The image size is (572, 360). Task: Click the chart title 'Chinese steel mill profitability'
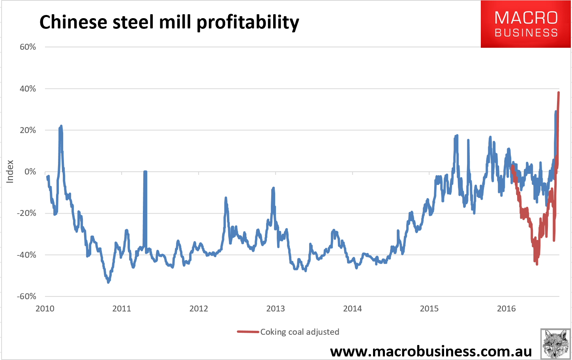tap(169, 22)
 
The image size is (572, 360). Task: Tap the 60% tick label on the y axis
tap(28, 47)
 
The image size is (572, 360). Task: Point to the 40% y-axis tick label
tap(28, 89)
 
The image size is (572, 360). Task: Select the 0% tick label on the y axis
tap(30, 172)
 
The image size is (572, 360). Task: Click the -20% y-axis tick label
tap(26, 213)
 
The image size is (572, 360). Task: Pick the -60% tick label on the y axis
tap(26, 296)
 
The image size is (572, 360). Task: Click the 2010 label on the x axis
tap(45, 309)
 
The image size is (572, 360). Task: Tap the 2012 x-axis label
tap(199, 309)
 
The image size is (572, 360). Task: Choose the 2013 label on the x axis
tap(276, 309)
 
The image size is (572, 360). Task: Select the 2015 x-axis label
tap(429, 309)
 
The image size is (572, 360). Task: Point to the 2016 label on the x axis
tap(506, 309)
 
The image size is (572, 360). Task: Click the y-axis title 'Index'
tap(10, 171)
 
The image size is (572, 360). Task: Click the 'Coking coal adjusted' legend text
tap(300, 332)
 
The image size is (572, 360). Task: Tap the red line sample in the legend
tap(248, 332)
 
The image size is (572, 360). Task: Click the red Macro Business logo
tap(525, 24)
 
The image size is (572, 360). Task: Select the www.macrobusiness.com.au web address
tap(431, 351)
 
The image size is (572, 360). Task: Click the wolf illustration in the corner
tap(555, 344)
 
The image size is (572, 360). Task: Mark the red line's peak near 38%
tap(559, 92)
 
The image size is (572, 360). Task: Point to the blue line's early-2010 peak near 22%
tap(61, 126)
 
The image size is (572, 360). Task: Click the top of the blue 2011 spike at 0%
tap(145, 172)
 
